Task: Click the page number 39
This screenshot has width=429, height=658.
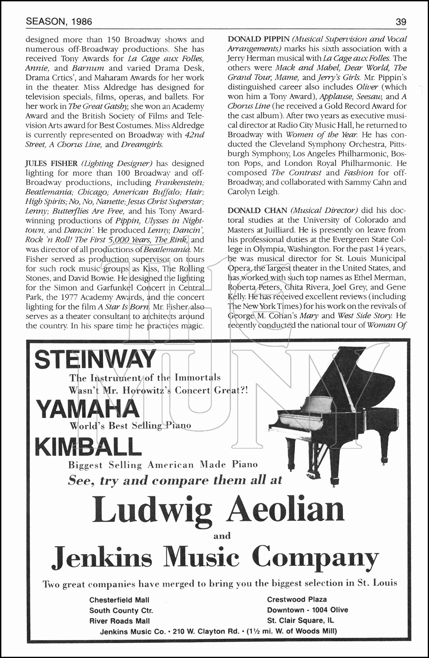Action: tap(400, 21)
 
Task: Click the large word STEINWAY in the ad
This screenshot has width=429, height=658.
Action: tap(95, 360)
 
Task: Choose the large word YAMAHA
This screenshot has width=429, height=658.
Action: tap(87, 409)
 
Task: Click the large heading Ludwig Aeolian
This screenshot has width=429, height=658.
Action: tap(218, 509)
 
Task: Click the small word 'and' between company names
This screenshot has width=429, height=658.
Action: tap(222, 536)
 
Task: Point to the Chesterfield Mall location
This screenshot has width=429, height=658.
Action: tap(119, 600)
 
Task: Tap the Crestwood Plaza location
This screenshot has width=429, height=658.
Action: tap(297, 599)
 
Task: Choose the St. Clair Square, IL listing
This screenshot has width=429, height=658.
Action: tap(300, 620)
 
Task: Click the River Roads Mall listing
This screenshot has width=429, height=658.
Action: tap(119, 621)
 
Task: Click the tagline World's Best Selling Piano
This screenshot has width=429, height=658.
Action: tap(130, 426)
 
